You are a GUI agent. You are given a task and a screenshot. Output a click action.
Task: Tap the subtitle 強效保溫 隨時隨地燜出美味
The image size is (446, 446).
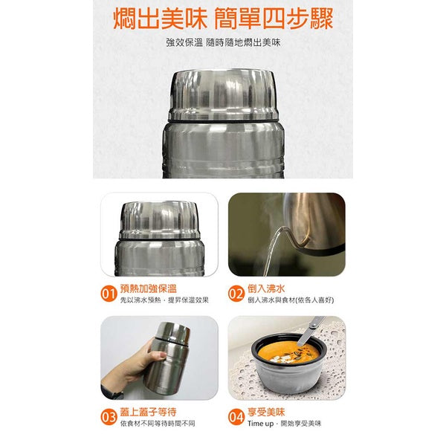point(223,42)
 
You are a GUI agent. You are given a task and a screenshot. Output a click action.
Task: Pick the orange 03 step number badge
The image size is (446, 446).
point(109,416)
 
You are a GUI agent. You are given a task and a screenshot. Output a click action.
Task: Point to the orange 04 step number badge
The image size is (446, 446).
point(236,416)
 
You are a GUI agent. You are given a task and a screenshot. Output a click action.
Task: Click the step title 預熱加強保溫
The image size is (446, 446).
point(148,288)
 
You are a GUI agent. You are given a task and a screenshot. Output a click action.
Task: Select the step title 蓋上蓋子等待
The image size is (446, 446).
point(148,410)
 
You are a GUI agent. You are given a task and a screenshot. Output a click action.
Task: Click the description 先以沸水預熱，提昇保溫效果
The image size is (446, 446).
point(164,300)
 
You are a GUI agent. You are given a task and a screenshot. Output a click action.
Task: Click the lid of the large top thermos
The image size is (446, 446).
point(222,93)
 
